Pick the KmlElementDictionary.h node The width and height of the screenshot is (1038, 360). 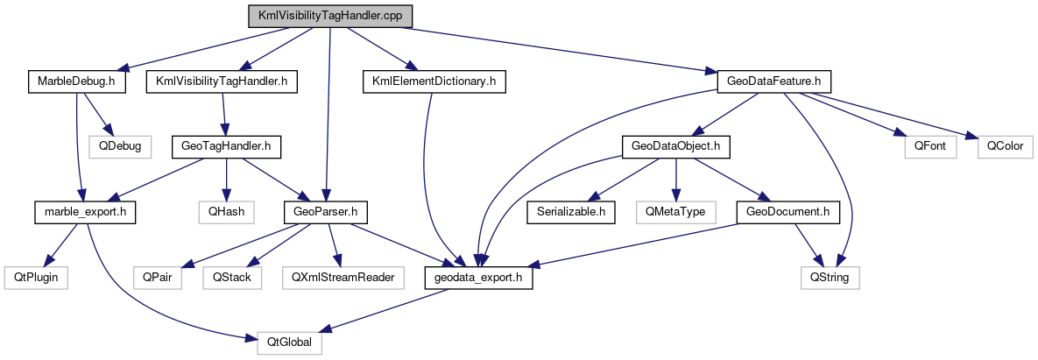pos(434,81)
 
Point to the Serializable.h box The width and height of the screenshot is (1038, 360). pos(571,211)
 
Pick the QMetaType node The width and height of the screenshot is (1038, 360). pos(675,211)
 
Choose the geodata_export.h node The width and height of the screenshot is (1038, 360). pos(478,277)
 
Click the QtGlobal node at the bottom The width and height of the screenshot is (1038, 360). pos(289,342)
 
